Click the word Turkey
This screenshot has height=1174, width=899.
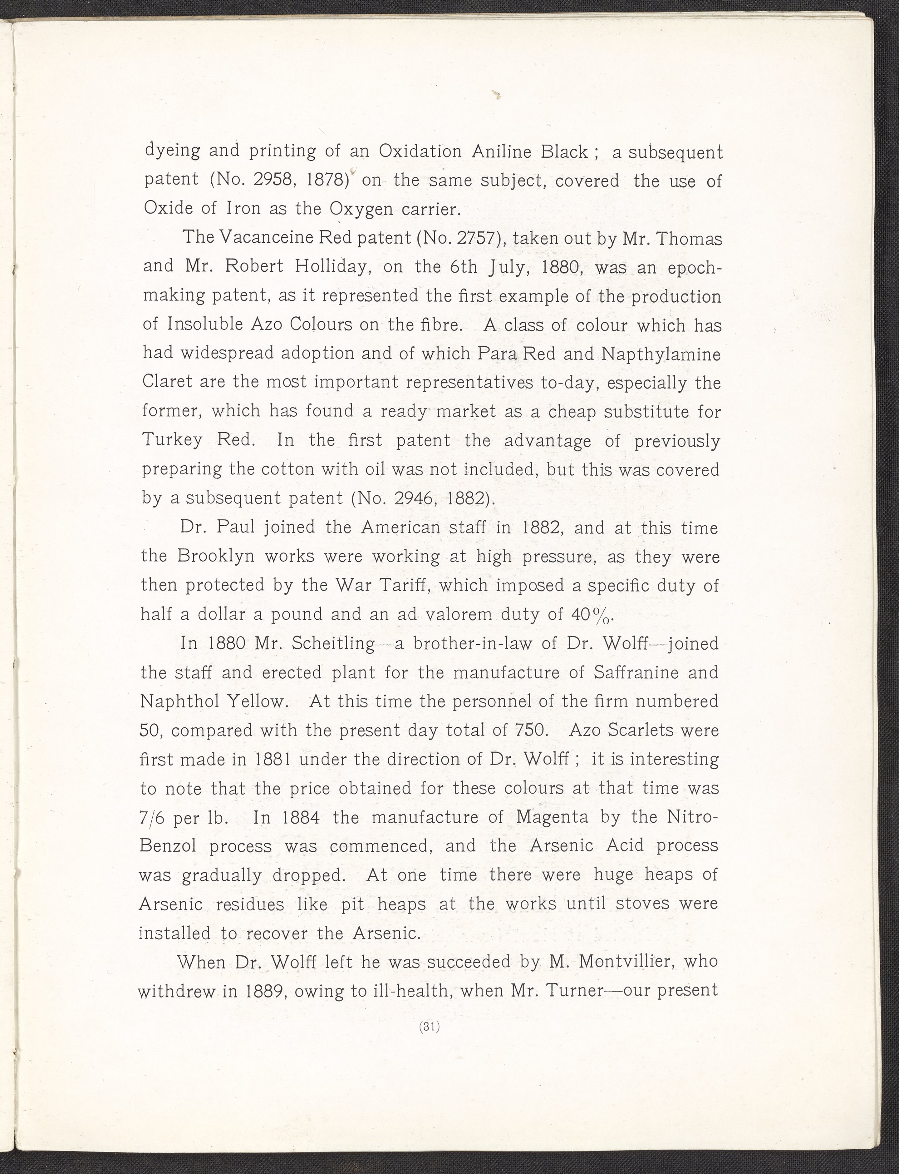[172, 440]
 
